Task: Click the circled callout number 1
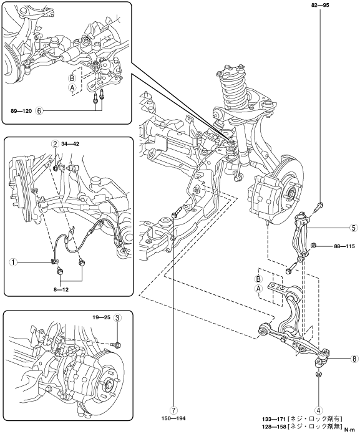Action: click(12, 262)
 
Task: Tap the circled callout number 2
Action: click(56, 143)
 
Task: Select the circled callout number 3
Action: click(117, 318)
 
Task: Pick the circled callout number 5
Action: click(353, 228)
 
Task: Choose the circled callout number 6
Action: click(39, 111)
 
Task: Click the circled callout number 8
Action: click(354, 359)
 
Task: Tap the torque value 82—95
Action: click(320, 5)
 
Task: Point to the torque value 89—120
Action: click(21, 111)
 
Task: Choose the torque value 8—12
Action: click(61, 290)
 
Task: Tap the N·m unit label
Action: click(349, 430)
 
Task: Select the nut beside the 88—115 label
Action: click(314, 245)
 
